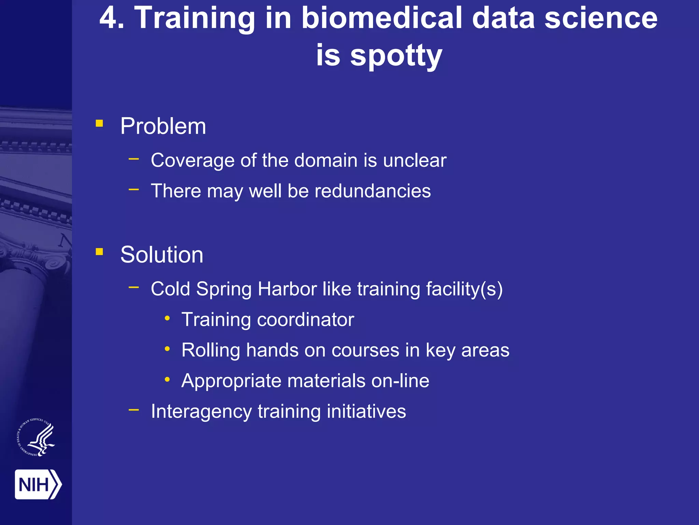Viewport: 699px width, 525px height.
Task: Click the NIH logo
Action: point(38,484)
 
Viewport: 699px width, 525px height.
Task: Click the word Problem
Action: point(163,126)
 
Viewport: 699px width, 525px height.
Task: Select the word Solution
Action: point(162,255)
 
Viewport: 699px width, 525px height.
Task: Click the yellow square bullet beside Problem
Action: point(99,123)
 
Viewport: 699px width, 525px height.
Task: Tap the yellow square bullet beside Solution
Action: point(99,252)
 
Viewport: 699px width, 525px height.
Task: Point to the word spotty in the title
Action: point(396,55)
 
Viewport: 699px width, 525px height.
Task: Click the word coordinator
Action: point(305,320)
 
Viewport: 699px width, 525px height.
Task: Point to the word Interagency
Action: point(201,412)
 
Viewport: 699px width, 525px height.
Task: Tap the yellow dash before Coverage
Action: point(134,159)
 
